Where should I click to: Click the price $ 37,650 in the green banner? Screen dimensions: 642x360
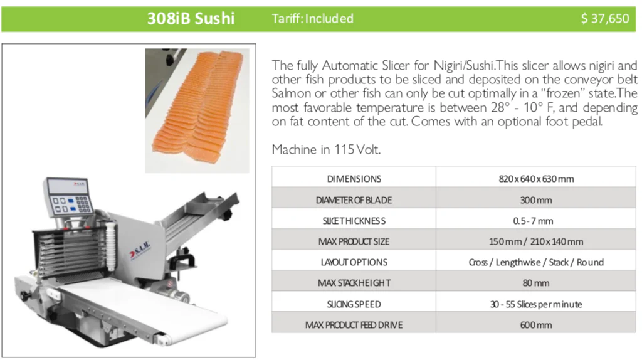tap(605, 18)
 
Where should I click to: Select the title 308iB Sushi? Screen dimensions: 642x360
tap(191, 18)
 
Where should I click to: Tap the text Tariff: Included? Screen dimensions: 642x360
tap(312, 18)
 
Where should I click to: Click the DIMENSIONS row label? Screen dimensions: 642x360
tap(354, 179)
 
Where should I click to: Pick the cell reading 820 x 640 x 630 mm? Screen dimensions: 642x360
tap(536, 179)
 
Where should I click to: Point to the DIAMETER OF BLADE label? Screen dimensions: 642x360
tap(354, 200)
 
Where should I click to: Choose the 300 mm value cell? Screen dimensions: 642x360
tap(536, 200)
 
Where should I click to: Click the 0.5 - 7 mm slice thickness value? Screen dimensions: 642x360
tap(533, 221)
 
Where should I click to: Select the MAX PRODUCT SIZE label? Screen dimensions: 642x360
tap(354, 241)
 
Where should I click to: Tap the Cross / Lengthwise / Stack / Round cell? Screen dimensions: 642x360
tap(536, 262)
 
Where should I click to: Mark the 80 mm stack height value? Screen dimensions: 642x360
tap(536, 283)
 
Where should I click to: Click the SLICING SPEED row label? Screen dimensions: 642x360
tap(354, 304)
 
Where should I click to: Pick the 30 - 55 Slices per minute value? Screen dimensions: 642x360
tap(536, 304)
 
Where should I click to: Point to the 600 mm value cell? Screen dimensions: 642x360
tap(536, 325)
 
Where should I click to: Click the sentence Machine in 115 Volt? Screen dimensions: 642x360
tap(326, 149)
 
